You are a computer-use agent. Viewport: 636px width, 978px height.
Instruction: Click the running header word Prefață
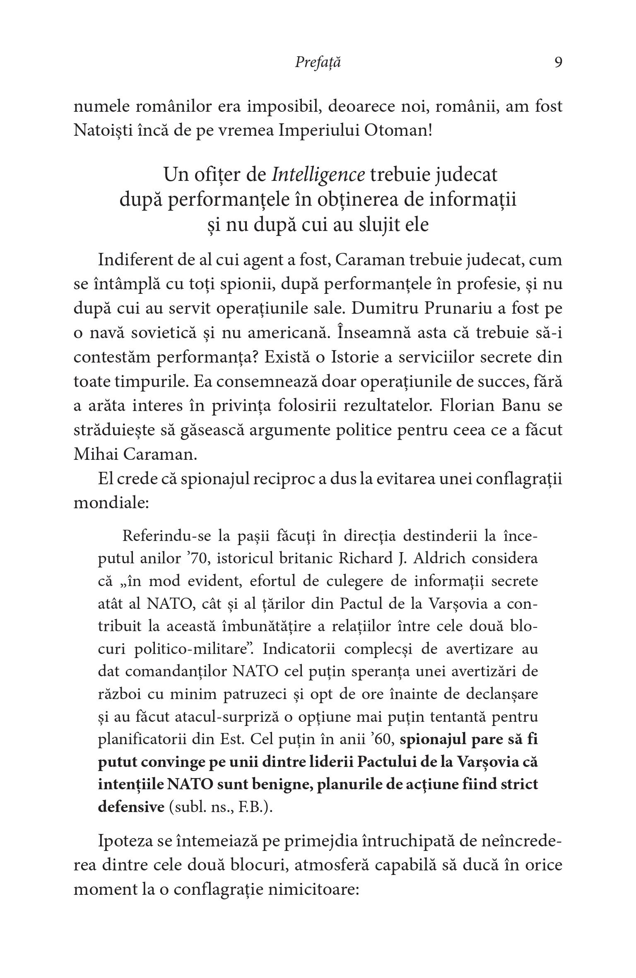click(318, 62)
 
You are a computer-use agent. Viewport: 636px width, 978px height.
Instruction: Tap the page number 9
click(558, 62)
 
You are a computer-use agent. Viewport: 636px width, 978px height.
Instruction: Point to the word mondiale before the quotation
click(111, 503)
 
